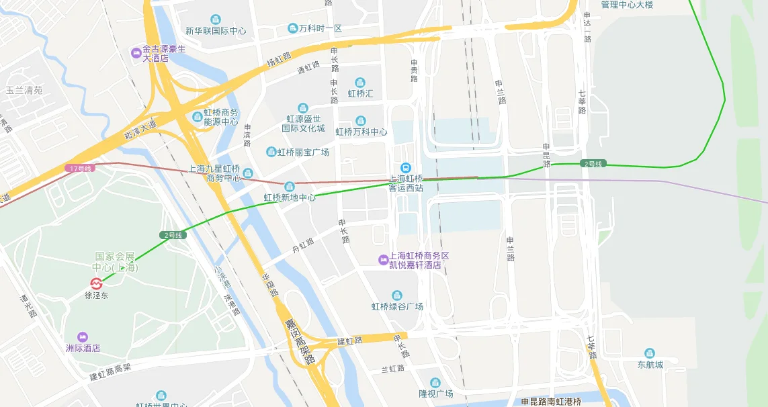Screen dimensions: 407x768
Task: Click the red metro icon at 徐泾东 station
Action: click(x=97, y=283)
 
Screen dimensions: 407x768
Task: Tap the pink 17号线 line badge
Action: click(x=79, y=167)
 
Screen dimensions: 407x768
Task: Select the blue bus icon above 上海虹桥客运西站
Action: click(x=405, y=168)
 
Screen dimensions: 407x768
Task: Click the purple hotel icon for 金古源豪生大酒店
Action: click(x=136, y=51)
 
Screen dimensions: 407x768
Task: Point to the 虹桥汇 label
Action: click(x=360, y=93)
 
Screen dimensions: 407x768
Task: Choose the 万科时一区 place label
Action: click(x=320, y=28)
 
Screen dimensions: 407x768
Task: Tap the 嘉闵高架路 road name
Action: click(x=299, y=341)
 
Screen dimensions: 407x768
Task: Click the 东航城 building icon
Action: click(x=649, y=353)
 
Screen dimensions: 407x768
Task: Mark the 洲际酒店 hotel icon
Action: click(x=83, y=336)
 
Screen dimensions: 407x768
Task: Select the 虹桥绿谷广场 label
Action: click(x=397, y=306)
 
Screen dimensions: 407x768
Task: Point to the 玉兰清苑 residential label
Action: click(x=24, y=90)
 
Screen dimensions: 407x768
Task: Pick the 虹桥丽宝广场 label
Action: click(x=303, y=152)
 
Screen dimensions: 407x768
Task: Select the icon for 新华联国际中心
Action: click(x=215, y=19)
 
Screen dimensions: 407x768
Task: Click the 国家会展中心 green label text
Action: click(x=116, y=262)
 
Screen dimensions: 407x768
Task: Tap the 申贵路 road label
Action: click(x=414, y=71)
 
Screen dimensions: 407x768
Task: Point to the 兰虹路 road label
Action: click(x=393, y=369)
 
